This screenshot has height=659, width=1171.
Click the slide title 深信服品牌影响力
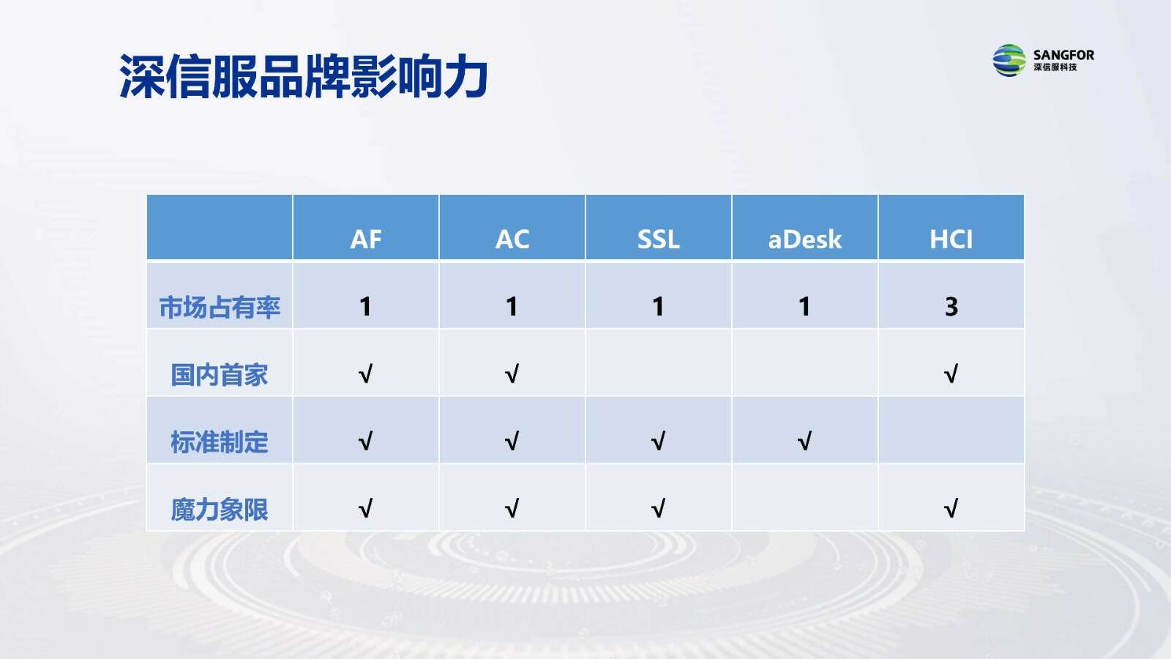(303, 76)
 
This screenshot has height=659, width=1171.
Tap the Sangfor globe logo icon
(1009, 60)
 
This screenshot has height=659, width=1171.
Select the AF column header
(365, 239)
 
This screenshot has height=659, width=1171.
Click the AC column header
(512, 239)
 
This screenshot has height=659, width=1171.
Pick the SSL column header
(658, 239)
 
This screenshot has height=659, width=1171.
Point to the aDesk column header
(804, 239)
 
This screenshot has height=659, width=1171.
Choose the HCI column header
(951, 239)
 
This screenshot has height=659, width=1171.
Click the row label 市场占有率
(220, 307)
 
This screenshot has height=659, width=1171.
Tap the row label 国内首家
(220, 374)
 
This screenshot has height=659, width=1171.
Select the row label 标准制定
(220, 442)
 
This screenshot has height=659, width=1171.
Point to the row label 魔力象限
(220, 510)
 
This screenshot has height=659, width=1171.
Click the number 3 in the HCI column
(951, 307)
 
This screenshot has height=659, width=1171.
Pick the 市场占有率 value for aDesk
(804, 307)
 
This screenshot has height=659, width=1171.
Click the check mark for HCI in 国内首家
(951, 374)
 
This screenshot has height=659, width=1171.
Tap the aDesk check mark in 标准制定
(804, 441)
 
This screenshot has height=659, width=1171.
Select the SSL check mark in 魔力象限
(658, 508)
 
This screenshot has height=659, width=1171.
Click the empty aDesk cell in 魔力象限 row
(805, 497)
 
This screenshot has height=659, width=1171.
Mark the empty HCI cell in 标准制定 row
(951, 430)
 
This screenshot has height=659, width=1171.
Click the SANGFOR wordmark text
(1063, 55)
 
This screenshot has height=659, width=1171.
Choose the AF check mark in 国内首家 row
(365, 374)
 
